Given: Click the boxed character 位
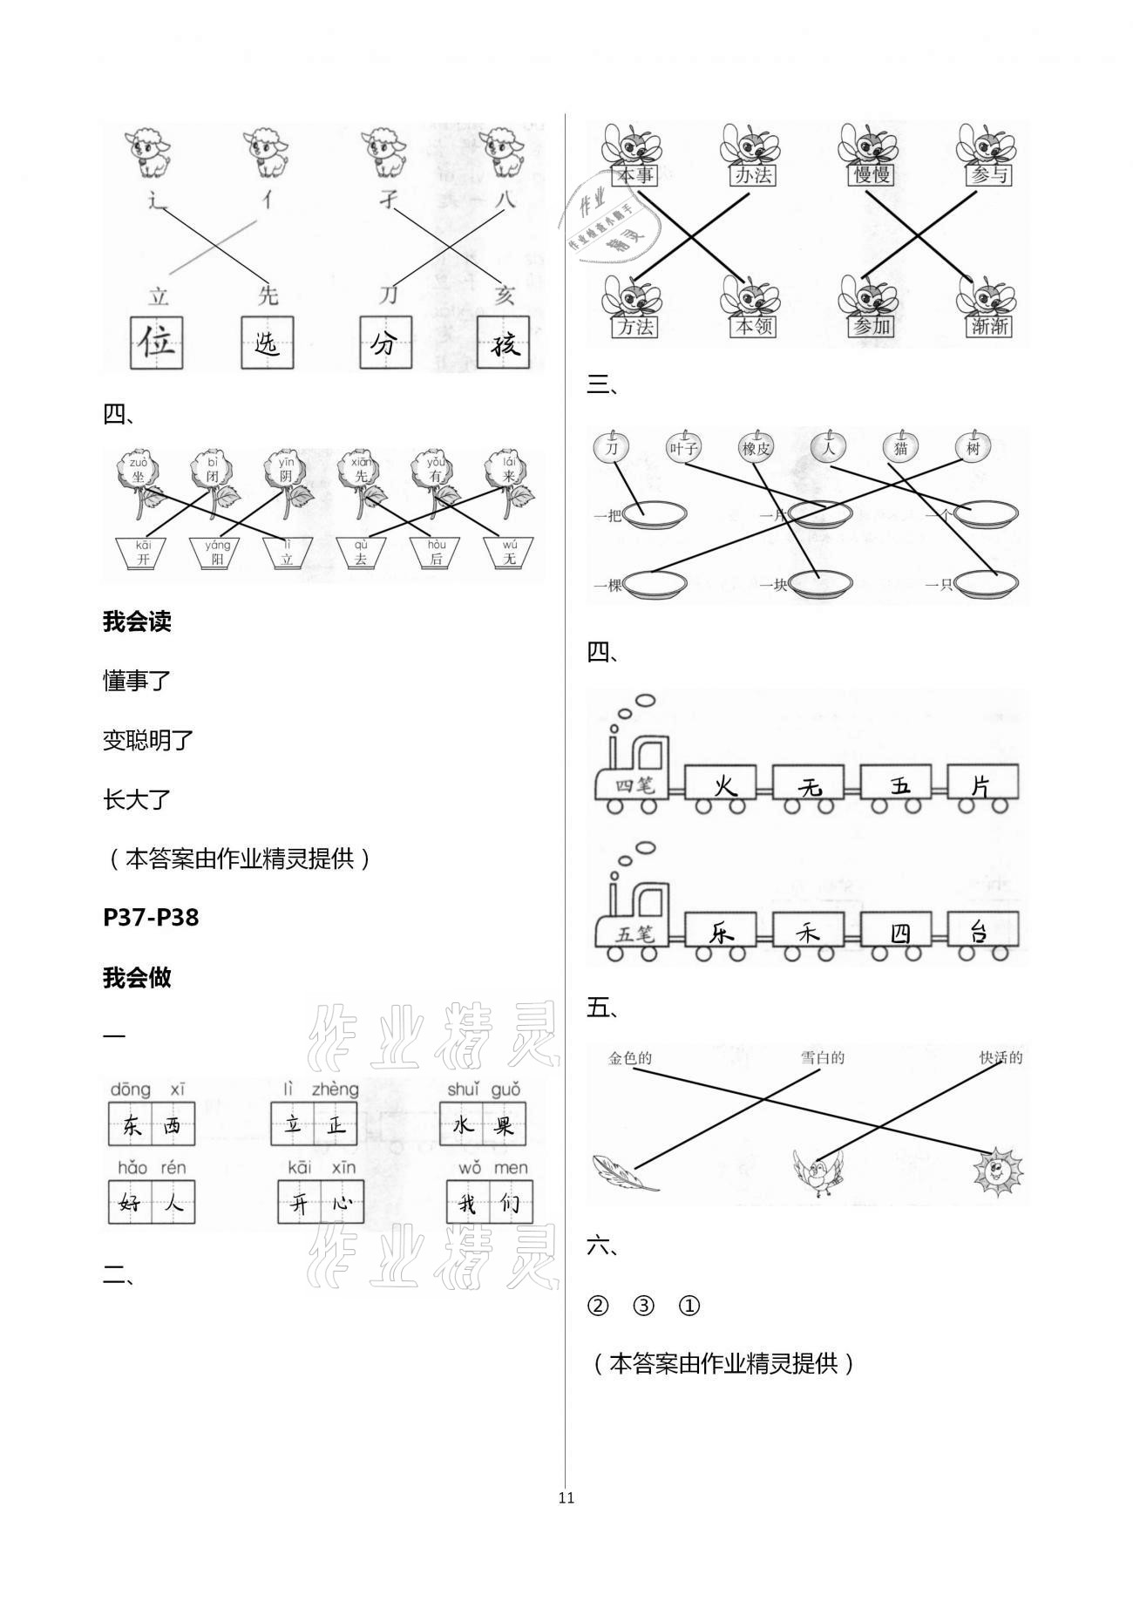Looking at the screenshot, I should click(x=158, y=343).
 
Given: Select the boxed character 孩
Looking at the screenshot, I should click(x=503, y=343).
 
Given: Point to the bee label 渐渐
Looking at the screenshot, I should click(x=988, y=326).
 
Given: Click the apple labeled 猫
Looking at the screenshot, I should click(x=900, y=448).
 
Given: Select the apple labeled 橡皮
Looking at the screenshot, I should click(x=756, y=448).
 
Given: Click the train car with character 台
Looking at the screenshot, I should click(x=982, y=931).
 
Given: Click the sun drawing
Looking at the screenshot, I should click(x=998, y=1172).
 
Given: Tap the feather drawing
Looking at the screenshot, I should click(x=625, y=1173).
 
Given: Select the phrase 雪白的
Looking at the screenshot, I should click(x=823, y=1058).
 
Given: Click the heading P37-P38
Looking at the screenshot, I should click(x=151, y=917).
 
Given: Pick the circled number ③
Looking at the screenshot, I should click(x=643, y=1306).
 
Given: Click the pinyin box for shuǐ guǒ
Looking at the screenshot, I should click(x=482, y=1124).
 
